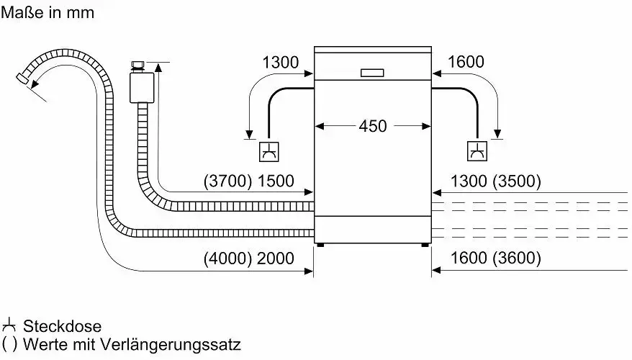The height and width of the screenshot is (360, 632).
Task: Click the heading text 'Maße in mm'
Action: point(48,12)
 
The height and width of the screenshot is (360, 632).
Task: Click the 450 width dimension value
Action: point(373,126)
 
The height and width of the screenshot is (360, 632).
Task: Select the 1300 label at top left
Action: point(280,63)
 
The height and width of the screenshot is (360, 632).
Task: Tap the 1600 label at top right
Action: point(466,63)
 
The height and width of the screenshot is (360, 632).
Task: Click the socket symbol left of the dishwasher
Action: point(268,153)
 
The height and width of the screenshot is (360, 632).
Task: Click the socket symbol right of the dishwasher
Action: point(477,153)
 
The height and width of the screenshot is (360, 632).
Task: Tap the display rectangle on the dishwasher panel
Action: point(373,73)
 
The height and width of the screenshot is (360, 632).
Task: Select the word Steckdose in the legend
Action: point(63,326)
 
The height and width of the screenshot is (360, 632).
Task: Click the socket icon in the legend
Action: point(9,325)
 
